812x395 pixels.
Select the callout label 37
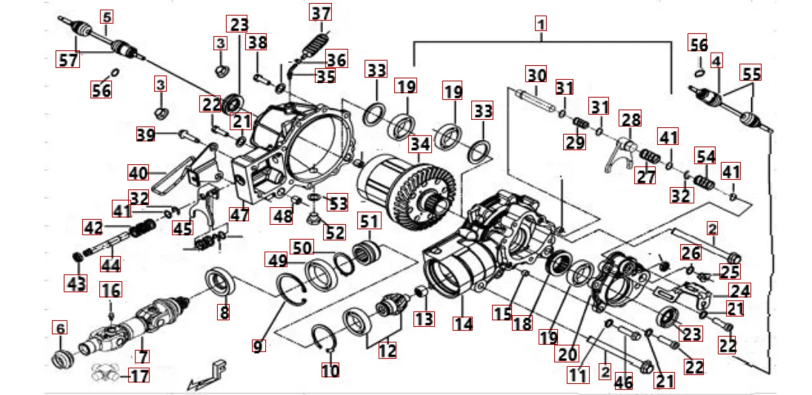point(321,13)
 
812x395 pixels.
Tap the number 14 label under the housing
point(463,323)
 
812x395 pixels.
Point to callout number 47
point(239,215)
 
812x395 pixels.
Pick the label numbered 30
point(536,75)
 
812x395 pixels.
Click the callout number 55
point(751,73)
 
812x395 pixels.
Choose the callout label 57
point(68,60)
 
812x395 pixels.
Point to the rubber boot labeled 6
point(61,360)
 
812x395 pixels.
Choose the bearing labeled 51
point(367,248)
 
